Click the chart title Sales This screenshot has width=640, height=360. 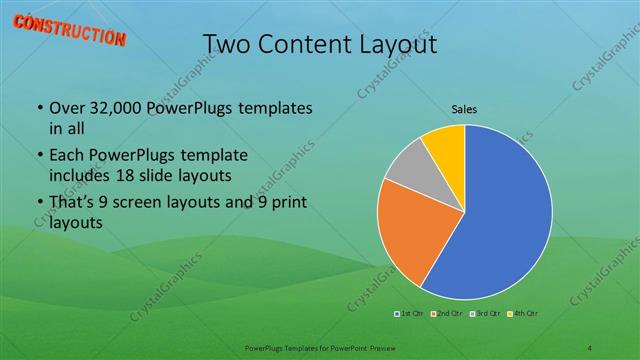(464, 107)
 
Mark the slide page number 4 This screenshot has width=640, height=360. (591, 347)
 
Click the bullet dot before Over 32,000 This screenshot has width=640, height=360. (39, 108)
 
